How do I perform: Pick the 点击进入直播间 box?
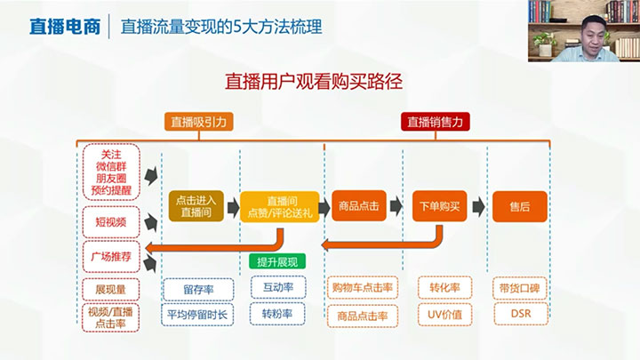coord(196,206)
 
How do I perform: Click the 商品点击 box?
coord(360,205)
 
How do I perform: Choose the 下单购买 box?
coord(440,205)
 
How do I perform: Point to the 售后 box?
coord(519,205)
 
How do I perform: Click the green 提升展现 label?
coord(276,260)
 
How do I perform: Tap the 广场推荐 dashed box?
coord(110,254)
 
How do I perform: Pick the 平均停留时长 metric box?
coord(197,314)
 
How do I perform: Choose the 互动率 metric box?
coord(277,287)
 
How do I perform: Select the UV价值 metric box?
coord(444,315)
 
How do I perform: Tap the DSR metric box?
coord(520,315)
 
